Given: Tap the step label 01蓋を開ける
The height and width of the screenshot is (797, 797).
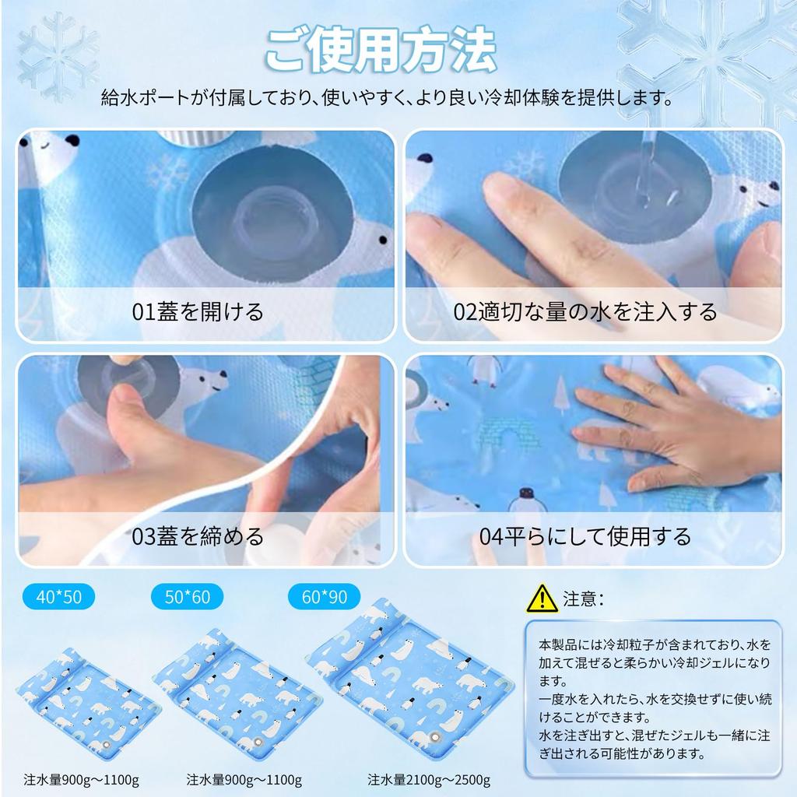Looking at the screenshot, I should [198, 312].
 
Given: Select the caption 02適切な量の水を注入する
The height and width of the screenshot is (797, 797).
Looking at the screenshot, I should [585, 312].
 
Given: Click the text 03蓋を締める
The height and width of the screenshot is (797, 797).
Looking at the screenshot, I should [198, 536].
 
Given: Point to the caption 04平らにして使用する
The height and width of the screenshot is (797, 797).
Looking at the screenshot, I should [585, 536].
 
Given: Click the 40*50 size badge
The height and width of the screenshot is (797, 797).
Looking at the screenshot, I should [58, 597].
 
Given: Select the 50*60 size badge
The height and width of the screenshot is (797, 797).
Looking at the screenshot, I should [188, 597].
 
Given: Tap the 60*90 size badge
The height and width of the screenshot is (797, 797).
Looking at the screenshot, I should [324, 597].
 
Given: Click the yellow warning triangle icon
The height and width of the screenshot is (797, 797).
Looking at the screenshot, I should [542, 598].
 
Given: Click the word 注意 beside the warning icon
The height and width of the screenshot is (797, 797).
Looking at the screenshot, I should [579, 599].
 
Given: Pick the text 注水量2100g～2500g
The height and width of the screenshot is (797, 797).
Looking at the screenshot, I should [429, 779].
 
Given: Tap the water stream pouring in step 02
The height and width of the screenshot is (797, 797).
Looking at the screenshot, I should [645, 167].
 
